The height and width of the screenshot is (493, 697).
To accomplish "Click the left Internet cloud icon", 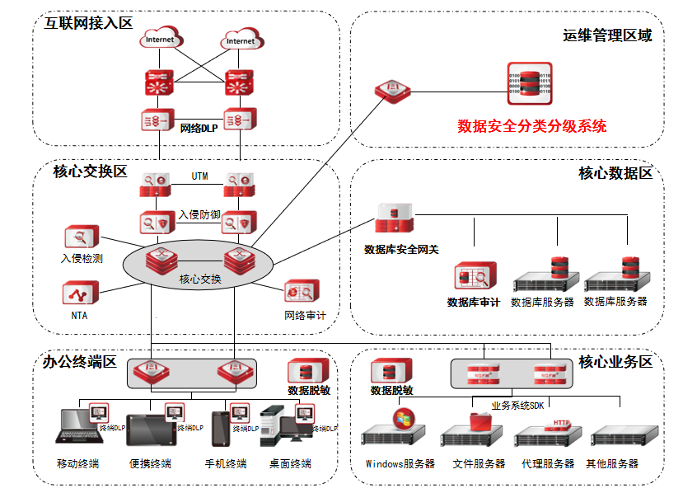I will [x=159, y=40].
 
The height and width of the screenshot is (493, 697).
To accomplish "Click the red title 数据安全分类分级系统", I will [x=531, y=126].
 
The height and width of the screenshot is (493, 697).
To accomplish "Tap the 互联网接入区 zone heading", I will [x=89, y=22].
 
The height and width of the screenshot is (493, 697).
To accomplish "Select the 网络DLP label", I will [x=198, y=128].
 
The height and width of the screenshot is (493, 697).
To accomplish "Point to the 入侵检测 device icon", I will [x=81, y=239].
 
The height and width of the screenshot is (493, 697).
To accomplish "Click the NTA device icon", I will [x=80, y=294].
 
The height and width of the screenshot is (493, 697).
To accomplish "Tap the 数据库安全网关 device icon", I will [x=395, y=218].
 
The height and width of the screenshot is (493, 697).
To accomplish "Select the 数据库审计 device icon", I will [x=475, y=275].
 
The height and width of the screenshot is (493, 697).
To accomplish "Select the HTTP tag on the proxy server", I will [x=561, y=422].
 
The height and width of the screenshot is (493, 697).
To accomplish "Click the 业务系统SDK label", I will [x=517, y=405].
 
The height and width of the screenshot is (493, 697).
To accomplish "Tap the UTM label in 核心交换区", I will [x=199, y=176].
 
